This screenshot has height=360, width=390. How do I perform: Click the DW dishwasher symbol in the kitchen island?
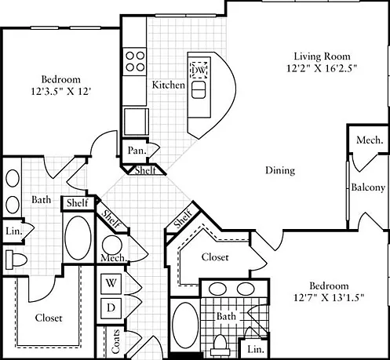pyautogui.click(x=199, y=70)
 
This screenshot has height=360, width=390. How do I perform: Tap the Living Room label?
pyautogui.click(x=322, y=56)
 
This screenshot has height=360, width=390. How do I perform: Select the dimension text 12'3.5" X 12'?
pyautogui.click(x=60, y=92)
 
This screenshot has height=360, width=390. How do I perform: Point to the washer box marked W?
pyautogui.click(x=111, y=283)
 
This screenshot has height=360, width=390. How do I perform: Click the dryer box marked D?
pyautogui.click(x=111, y=308)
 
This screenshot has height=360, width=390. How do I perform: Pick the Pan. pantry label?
pyautogui.click(x=137, y=151)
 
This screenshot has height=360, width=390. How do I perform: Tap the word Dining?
pyautogui.click(x=280, y=170)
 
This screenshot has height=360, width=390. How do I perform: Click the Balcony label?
pyautogui.click(x=368, y=187)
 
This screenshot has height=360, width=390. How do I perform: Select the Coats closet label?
pyautogui.click(x=115, y=341)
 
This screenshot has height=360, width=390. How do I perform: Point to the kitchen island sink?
pyautogui.click(x=199, y=89)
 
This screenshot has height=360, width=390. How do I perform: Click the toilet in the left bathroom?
pyautogui.click(x=16, y=260)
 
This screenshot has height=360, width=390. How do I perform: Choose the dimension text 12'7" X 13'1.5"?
pyautogui.click(x=329, y=297)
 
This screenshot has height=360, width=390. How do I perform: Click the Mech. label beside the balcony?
pyautogui.click(x=370, y=140)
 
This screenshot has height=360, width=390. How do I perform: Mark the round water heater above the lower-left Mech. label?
pyautogui.click(x=112, y=245)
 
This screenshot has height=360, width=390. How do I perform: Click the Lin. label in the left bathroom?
pyautogui.click(x=13, y=231)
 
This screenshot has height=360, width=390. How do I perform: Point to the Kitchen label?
pyautogui.click(x=169, y=85)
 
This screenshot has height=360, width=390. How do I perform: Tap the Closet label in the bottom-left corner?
pyautogui.click(x=49, y=318)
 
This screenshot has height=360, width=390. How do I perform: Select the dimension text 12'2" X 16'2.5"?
pyautogui.click(x=322, y=68)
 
